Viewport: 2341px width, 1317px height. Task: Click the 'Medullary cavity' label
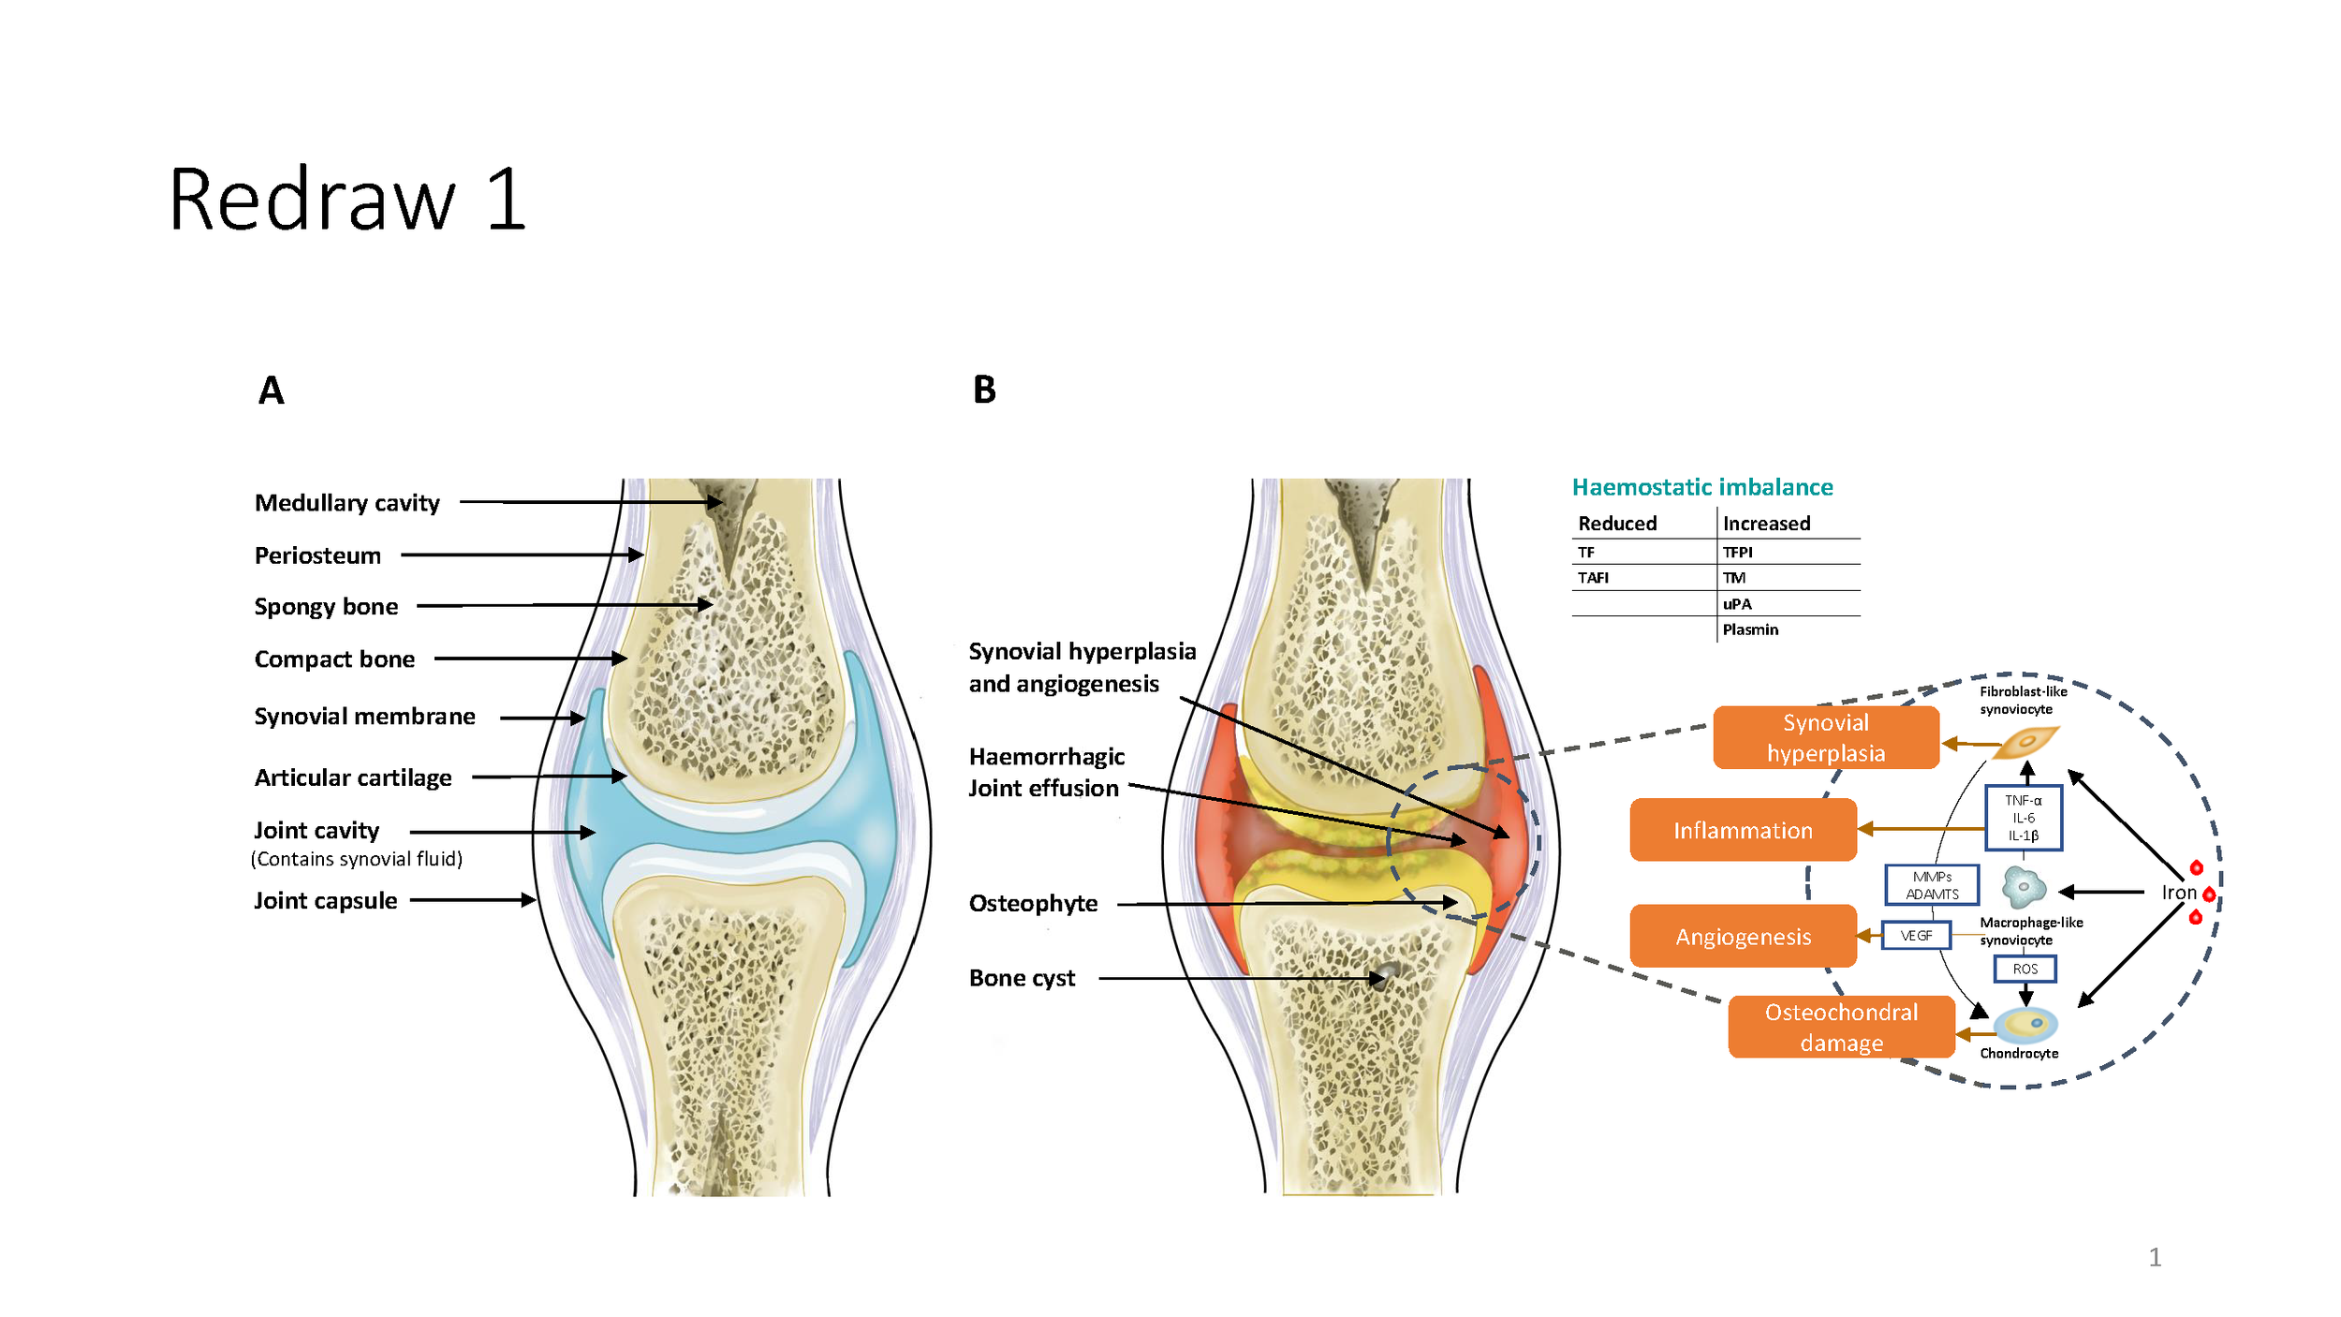346,503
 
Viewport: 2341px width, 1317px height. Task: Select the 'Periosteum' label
317,555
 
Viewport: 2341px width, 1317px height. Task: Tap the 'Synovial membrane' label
364,717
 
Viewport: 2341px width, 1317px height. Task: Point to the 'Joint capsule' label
325,900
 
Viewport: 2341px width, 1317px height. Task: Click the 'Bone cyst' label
1022,978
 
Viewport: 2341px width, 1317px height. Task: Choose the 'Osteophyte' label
1033,903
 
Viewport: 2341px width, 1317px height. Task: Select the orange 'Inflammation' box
1743,830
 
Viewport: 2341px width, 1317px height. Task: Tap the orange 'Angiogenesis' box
1743,937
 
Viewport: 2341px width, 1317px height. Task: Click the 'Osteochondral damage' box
1841,1027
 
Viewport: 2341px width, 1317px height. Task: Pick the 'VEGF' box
1916,936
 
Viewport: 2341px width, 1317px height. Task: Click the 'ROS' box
2024,969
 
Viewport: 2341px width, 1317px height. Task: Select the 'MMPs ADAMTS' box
1932,885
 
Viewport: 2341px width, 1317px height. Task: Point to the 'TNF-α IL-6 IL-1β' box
2023,818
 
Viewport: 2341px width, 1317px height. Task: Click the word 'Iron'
2178,893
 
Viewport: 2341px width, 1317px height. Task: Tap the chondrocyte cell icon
2025,1025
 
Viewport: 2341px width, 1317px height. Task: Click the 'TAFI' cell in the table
1593,578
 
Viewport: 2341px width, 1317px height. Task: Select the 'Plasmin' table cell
1749,629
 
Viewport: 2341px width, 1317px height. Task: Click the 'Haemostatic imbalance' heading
1701,487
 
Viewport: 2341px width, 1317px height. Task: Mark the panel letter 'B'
984,390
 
